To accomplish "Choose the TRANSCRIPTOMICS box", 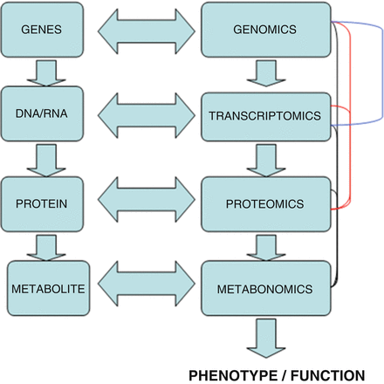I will click(x=265, y=113).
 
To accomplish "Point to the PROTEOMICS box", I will click(x=265, y=203).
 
